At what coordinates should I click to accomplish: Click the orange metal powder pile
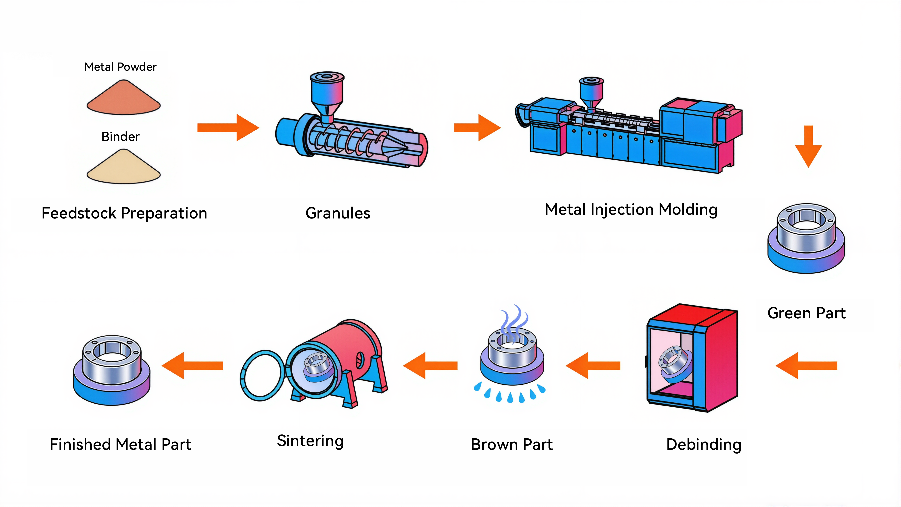point(123,100)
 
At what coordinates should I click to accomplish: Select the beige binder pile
point(123,169)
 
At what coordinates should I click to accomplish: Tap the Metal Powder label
point(120,67)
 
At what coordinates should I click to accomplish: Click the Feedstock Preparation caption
point(124,213)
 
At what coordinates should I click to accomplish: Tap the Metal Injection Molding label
point(631,210)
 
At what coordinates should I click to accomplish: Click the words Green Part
point(806,313)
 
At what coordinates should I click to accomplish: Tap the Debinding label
point(704,444)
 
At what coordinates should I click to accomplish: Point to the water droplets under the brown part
point(510,394)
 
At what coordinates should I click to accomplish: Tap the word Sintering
point(310,441)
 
